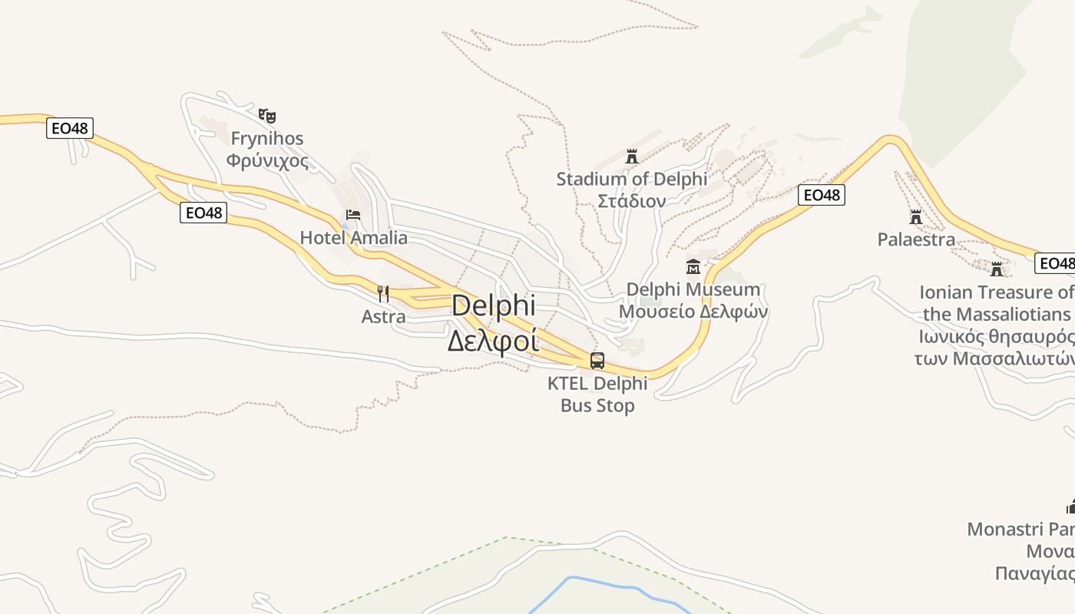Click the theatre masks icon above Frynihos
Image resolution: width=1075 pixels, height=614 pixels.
(x=266, y=116)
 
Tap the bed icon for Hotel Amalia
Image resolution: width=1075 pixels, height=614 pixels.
(x=353, y=214)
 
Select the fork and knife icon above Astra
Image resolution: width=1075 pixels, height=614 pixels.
(x=383, y=293)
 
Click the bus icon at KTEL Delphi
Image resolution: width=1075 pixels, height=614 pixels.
(x=597, y=360)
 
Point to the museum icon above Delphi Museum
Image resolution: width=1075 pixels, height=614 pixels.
(x=693, y=267)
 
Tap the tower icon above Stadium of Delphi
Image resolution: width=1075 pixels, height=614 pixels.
(x=631, y=157)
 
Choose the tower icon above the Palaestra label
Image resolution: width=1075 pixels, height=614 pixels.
(x=915, y=216)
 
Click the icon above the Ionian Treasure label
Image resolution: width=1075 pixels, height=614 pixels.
(x=997, y=269)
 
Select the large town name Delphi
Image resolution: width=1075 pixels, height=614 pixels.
(x=493, y=305)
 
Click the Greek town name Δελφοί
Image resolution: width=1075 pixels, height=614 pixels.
(x=493, y=340)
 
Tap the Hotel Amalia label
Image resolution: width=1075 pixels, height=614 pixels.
(x=353, y=238)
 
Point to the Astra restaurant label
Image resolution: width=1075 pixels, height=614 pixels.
(x=383, y=316)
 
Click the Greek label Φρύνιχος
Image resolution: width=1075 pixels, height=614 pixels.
(x=267, y=161)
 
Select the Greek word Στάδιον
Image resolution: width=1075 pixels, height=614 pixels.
(x=631, y=201)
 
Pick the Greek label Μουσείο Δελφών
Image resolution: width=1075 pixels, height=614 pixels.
(x=693, y=312)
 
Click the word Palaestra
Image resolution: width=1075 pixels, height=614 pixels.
(x=916, y=239)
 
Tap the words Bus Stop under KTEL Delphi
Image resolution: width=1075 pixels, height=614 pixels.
(x=597, y=405)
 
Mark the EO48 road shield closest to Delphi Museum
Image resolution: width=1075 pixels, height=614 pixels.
(x=821, y=196)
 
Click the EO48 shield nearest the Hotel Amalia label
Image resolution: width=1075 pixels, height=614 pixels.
(x=203, y=213)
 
